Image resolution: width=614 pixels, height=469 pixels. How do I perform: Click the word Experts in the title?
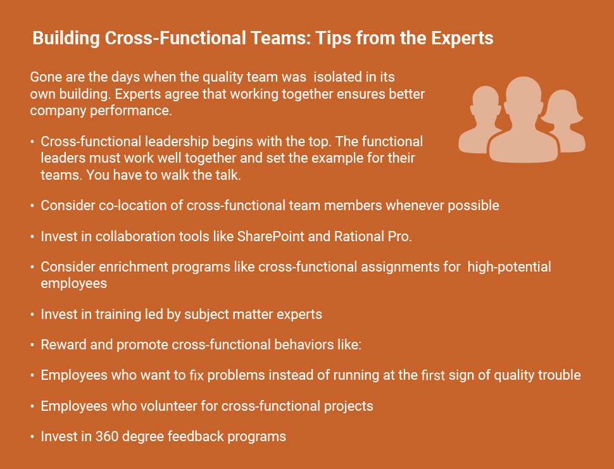coord(462,39)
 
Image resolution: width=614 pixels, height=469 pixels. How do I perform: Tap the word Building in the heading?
coord(66,39)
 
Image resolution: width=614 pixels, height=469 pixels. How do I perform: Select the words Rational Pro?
coord(373,237)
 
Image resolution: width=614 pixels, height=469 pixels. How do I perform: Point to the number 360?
coord(107,437)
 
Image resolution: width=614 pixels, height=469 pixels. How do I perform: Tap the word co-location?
coord(133,206)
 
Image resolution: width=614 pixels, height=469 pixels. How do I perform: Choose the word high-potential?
coord(509,267)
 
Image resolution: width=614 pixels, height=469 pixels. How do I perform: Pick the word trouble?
coord(559,375)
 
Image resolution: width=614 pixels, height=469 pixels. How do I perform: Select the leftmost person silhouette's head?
coord(486,101)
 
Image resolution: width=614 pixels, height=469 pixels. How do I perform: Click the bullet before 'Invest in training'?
coord(32,315)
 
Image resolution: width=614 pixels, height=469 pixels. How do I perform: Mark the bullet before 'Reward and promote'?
coord(32,346)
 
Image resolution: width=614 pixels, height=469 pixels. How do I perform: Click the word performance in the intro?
coord(131,111)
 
